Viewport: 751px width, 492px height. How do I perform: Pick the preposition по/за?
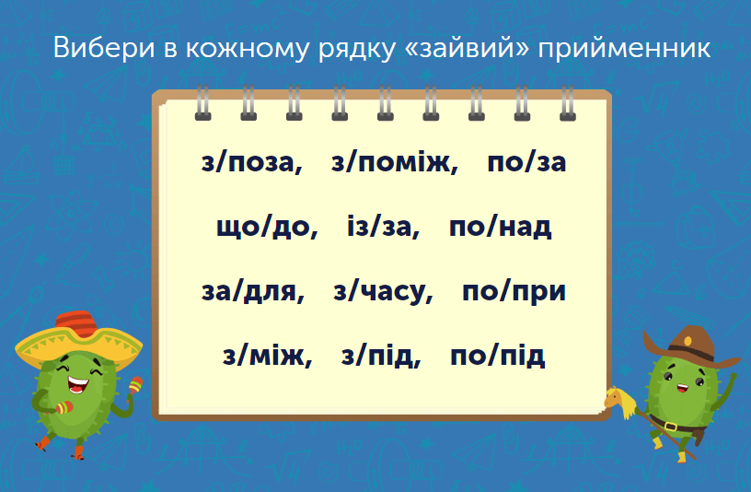526,163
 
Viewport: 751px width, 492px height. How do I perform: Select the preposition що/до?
265,227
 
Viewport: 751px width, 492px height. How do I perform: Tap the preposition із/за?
383,227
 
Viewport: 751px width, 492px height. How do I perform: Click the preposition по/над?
500,227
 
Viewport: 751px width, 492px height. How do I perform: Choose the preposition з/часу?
382,291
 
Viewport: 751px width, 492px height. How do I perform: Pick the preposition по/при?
514,291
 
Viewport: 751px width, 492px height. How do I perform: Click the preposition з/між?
267,355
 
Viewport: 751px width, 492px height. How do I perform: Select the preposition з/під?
380,355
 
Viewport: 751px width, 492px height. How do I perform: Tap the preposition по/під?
498,355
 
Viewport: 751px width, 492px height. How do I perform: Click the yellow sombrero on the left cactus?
78,339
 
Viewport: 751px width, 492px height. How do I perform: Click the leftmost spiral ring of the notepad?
202,103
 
